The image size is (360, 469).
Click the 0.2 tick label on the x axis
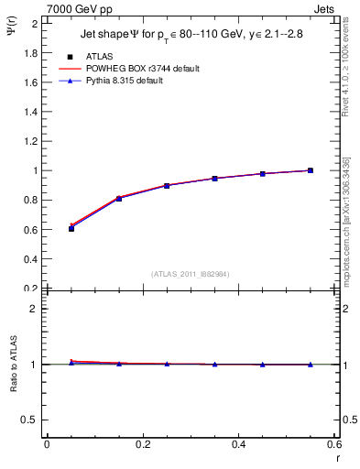click(x=143, y=445)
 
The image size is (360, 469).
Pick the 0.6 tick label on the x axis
click(x=334, y=445)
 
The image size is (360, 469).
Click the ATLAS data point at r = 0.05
click(x=71, y=228)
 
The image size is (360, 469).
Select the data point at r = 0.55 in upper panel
click(x=311, y=170)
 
